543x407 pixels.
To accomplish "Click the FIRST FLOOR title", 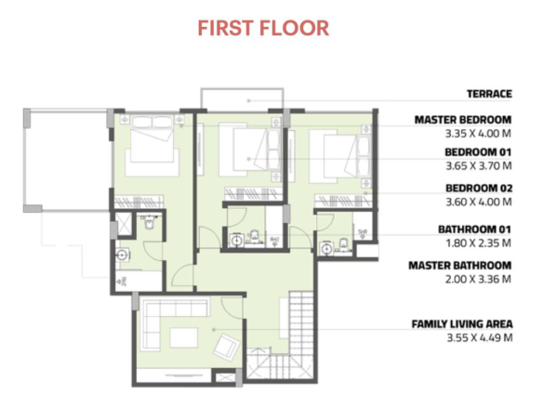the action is coord(263,28).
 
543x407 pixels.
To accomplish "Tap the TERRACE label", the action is coord(489,94).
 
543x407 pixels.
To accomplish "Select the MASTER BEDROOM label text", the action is coord(463,120).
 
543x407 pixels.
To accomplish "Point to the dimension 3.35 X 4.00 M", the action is coord(478,133).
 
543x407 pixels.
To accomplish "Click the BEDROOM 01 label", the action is coord(478,152).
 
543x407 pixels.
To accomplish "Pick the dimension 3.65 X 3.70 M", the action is coord(479,165).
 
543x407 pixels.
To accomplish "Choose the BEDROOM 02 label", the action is coord(479,188).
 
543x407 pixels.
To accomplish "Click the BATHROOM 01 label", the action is coord(474,230).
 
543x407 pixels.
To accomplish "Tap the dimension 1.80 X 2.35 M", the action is coord(478,243).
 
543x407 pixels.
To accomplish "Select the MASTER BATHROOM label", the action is coord(460,266).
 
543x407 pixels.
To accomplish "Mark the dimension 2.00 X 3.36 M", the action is coord(478,279).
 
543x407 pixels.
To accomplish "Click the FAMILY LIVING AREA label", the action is coord(462,324).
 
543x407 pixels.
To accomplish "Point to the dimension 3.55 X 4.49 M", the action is coord(480,337).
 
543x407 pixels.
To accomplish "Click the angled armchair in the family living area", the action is coord(227,346).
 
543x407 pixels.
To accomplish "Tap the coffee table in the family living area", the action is coord(183,337).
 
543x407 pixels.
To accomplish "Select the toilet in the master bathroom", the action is coord(150,222).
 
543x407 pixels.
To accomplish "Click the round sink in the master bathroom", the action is coord(123,256).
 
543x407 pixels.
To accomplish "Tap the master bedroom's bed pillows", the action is coord(152,122).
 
